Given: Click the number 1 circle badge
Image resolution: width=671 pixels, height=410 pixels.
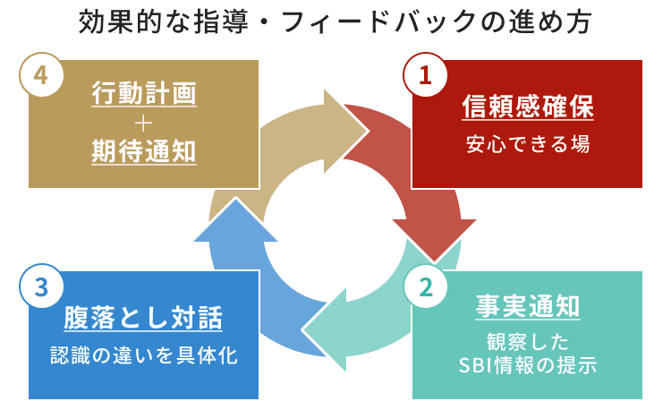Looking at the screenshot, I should [425, 75].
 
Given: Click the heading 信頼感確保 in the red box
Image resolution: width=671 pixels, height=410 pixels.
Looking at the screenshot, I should [527, 107].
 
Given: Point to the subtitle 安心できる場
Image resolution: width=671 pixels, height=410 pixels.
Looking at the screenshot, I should [527, 142].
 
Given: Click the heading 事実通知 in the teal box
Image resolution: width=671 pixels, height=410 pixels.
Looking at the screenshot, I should [527, 307].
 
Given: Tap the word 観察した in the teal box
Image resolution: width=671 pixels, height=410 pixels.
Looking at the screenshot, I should [527, 343].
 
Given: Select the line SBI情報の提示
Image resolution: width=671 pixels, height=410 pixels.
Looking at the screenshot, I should [527, 366].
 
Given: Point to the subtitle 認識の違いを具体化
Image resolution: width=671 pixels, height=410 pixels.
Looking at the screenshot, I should [143, 354].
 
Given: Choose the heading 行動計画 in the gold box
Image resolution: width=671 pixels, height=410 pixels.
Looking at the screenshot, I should [143, 92].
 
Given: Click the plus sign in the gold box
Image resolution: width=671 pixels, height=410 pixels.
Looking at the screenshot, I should [143, 123].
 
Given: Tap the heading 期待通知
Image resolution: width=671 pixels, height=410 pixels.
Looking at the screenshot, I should [143, 152].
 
